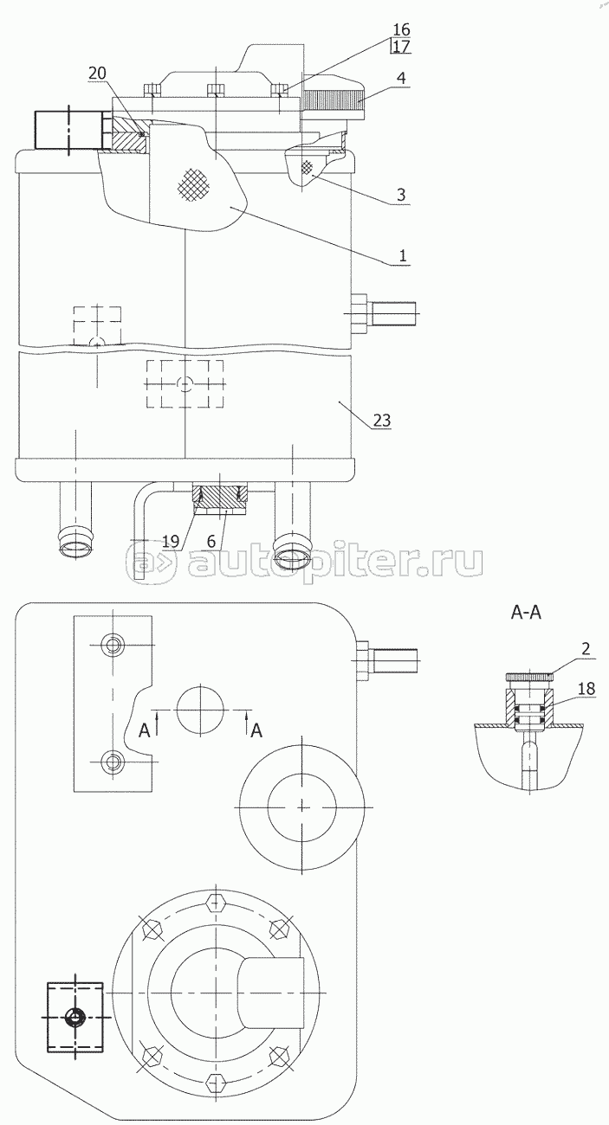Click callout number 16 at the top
pyautogui.click(x=402, y=29)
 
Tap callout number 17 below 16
pyautogui.click(x=402, y=47)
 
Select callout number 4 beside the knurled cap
pyautogui.click(x=401, y=78)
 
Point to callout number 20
pyautogui.click(x=97, y=74)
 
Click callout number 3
pyautogui.click(x=401, y=195)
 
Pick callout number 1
pyautogui.click(x=402, y=255)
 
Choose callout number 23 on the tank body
pyautogui.click(x=382, y=420)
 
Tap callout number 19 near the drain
pyautogui.click(x=171, y=541)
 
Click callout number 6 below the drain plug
pyautogui.click(x=211, y=541)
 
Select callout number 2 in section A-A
pyautogui.click(x=586, y=649)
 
